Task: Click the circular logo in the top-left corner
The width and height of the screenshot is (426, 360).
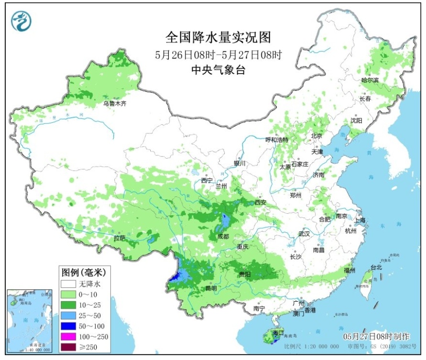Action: point(21,22)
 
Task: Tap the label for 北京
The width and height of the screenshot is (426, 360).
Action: point(317,136)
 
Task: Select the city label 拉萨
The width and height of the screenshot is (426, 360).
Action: point(120,237)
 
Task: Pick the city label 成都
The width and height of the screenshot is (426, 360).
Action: point(222,237)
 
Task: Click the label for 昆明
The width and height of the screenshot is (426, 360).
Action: point(211,288)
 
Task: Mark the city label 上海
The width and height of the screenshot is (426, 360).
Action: point(360,220)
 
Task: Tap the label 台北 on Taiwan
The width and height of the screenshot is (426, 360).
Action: point(376,268)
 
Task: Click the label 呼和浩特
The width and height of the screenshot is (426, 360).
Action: point(277,140)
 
